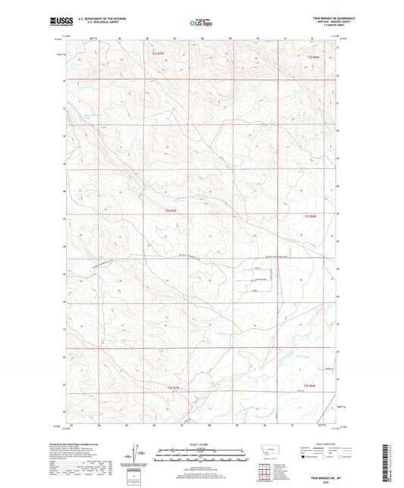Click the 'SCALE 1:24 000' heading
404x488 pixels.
pos(202,444)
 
